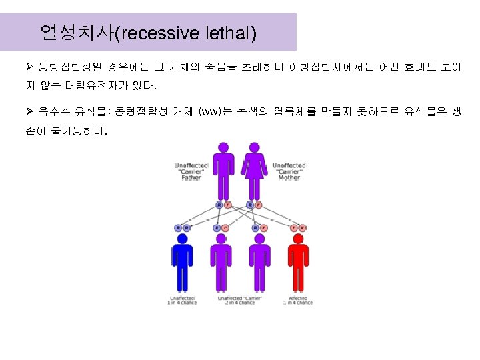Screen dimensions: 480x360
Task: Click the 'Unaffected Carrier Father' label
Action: (x=191, y=172)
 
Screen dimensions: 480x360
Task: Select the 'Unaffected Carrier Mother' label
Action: (x=289, y=172)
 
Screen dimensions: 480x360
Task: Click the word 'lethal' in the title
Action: (x=233, y=31)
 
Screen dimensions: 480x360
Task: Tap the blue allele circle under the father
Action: (x=219, y=205)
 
